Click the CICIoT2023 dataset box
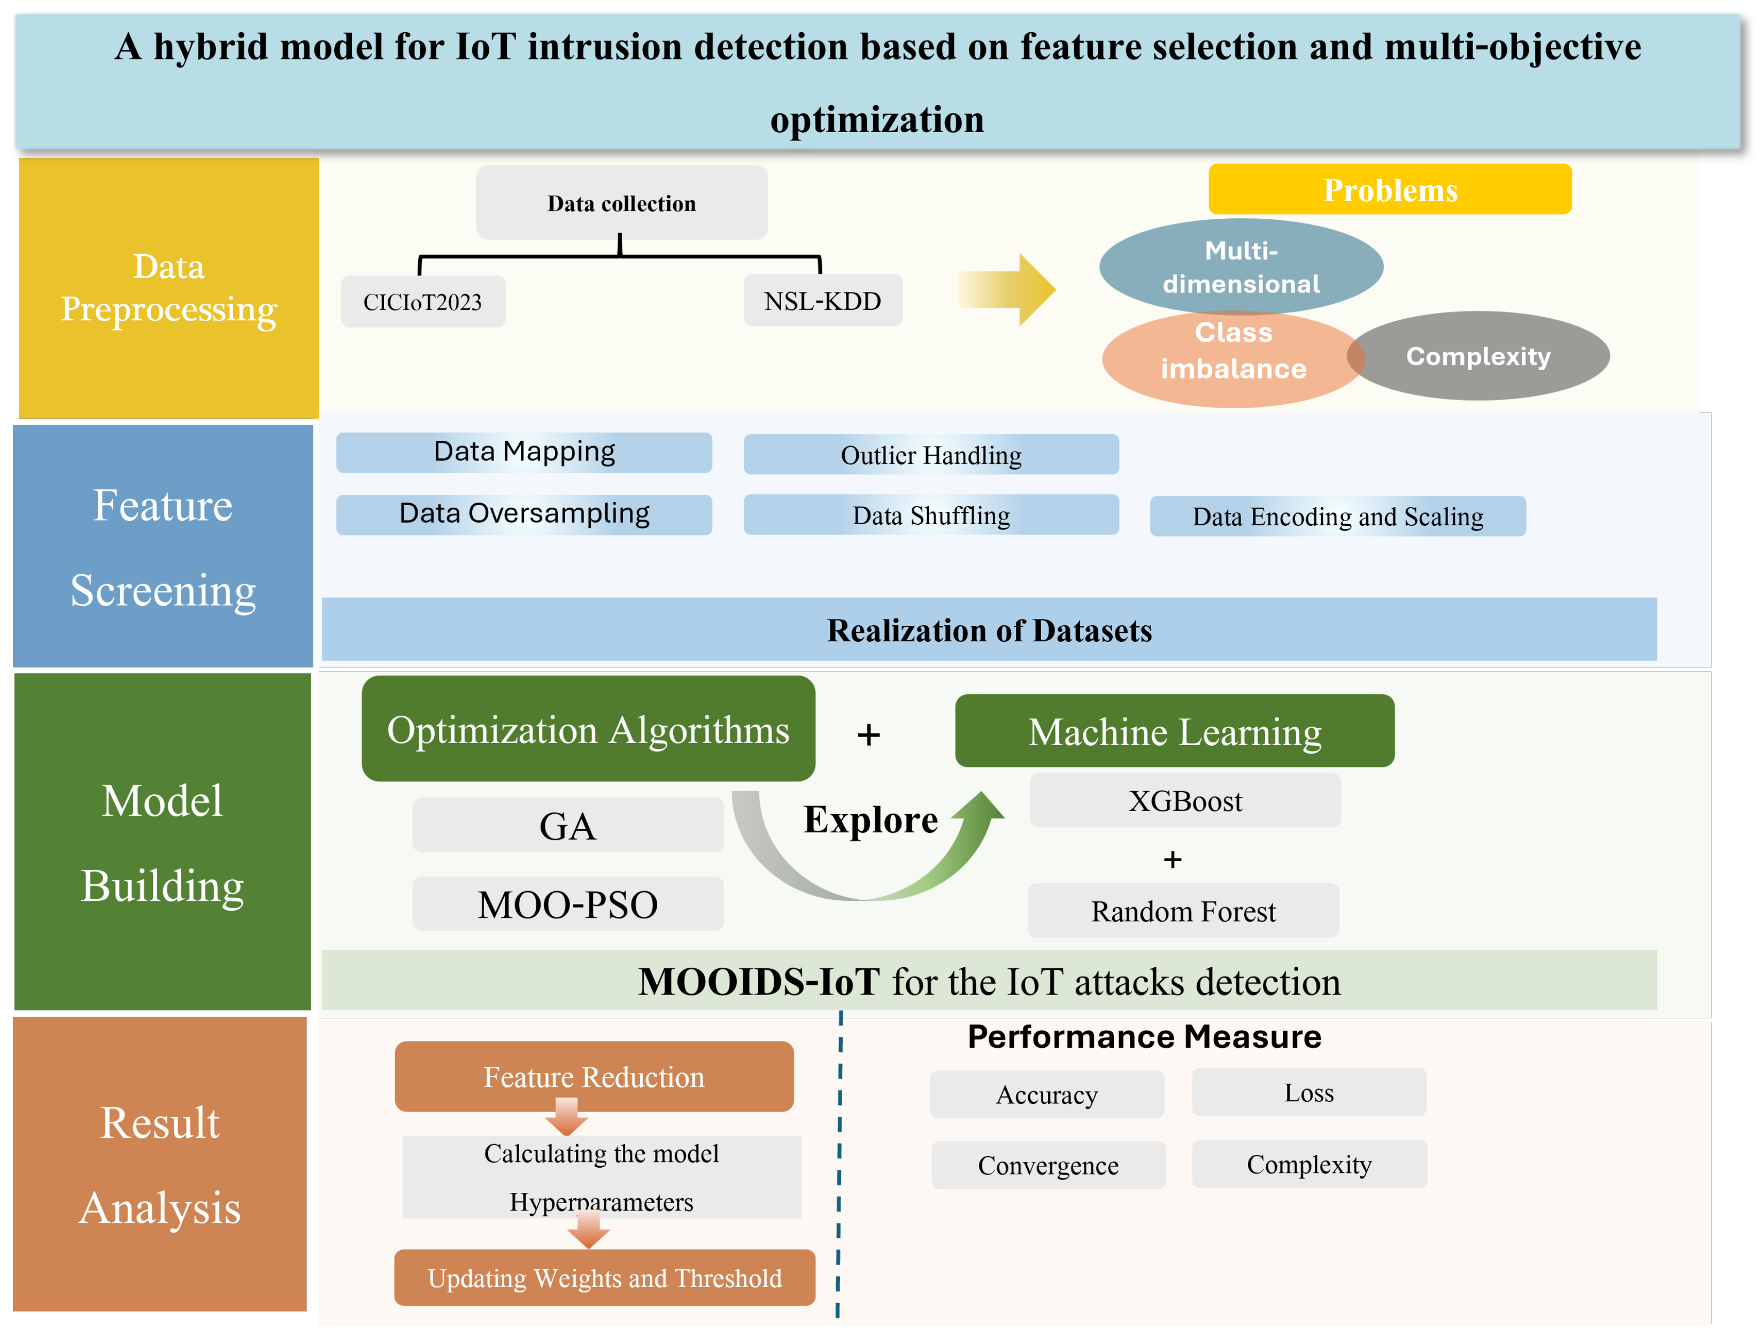[x=423, y=302]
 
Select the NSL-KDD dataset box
[x=822, y=301]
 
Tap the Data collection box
[x=621, y=203]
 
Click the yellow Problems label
[x=1390, y=190]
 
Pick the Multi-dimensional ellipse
[x=1241, y=266]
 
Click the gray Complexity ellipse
[x=1478, y=356]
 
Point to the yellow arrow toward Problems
[x=1009, y=289]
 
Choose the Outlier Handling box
[x=931, y=455]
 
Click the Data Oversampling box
[x=524, y=514]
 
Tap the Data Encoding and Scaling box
[x=1337, y=516]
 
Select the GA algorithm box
[x=567, y=825]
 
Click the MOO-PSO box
[x=567, y=905]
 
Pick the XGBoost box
[x=1185, y=801]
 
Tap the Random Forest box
[x=1183, y=911]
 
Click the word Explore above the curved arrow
[x=871, y=820]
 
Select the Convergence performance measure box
[x=1049, y=1166]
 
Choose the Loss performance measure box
[x=1308, y=1092]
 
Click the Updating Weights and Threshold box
[x=605, y=1278]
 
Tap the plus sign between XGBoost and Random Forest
[x=1172, y=860]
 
